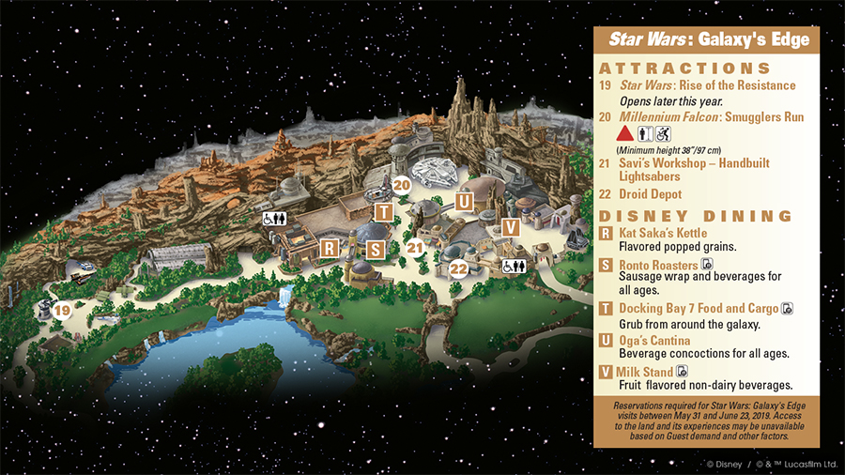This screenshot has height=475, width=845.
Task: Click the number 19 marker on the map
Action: (62, 310)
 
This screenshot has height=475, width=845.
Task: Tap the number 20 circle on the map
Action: (402, 186)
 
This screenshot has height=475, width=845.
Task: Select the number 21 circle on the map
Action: (416, 248)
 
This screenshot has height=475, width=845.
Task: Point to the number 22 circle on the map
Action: (458, 269)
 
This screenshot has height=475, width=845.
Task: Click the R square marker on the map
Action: (329, 247)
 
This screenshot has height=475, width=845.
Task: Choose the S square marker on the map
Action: (376, 250)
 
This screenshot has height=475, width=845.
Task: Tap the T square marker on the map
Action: (383, 211)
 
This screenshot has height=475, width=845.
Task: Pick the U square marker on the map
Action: (463, 200)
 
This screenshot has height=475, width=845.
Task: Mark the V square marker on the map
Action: (510, 227)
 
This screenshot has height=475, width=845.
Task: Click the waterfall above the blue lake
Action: (285, 299)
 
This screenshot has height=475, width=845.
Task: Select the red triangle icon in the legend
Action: (622, 135)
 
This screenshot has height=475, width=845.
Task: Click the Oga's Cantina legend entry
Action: (654, 340)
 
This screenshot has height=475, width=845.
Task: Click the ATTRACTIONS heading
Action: (684, 69)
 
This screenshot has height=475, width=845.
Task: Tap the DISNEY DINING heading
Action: (696, 216)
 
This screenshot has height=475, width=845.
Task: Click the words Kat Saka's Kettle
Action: (663, 233)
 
